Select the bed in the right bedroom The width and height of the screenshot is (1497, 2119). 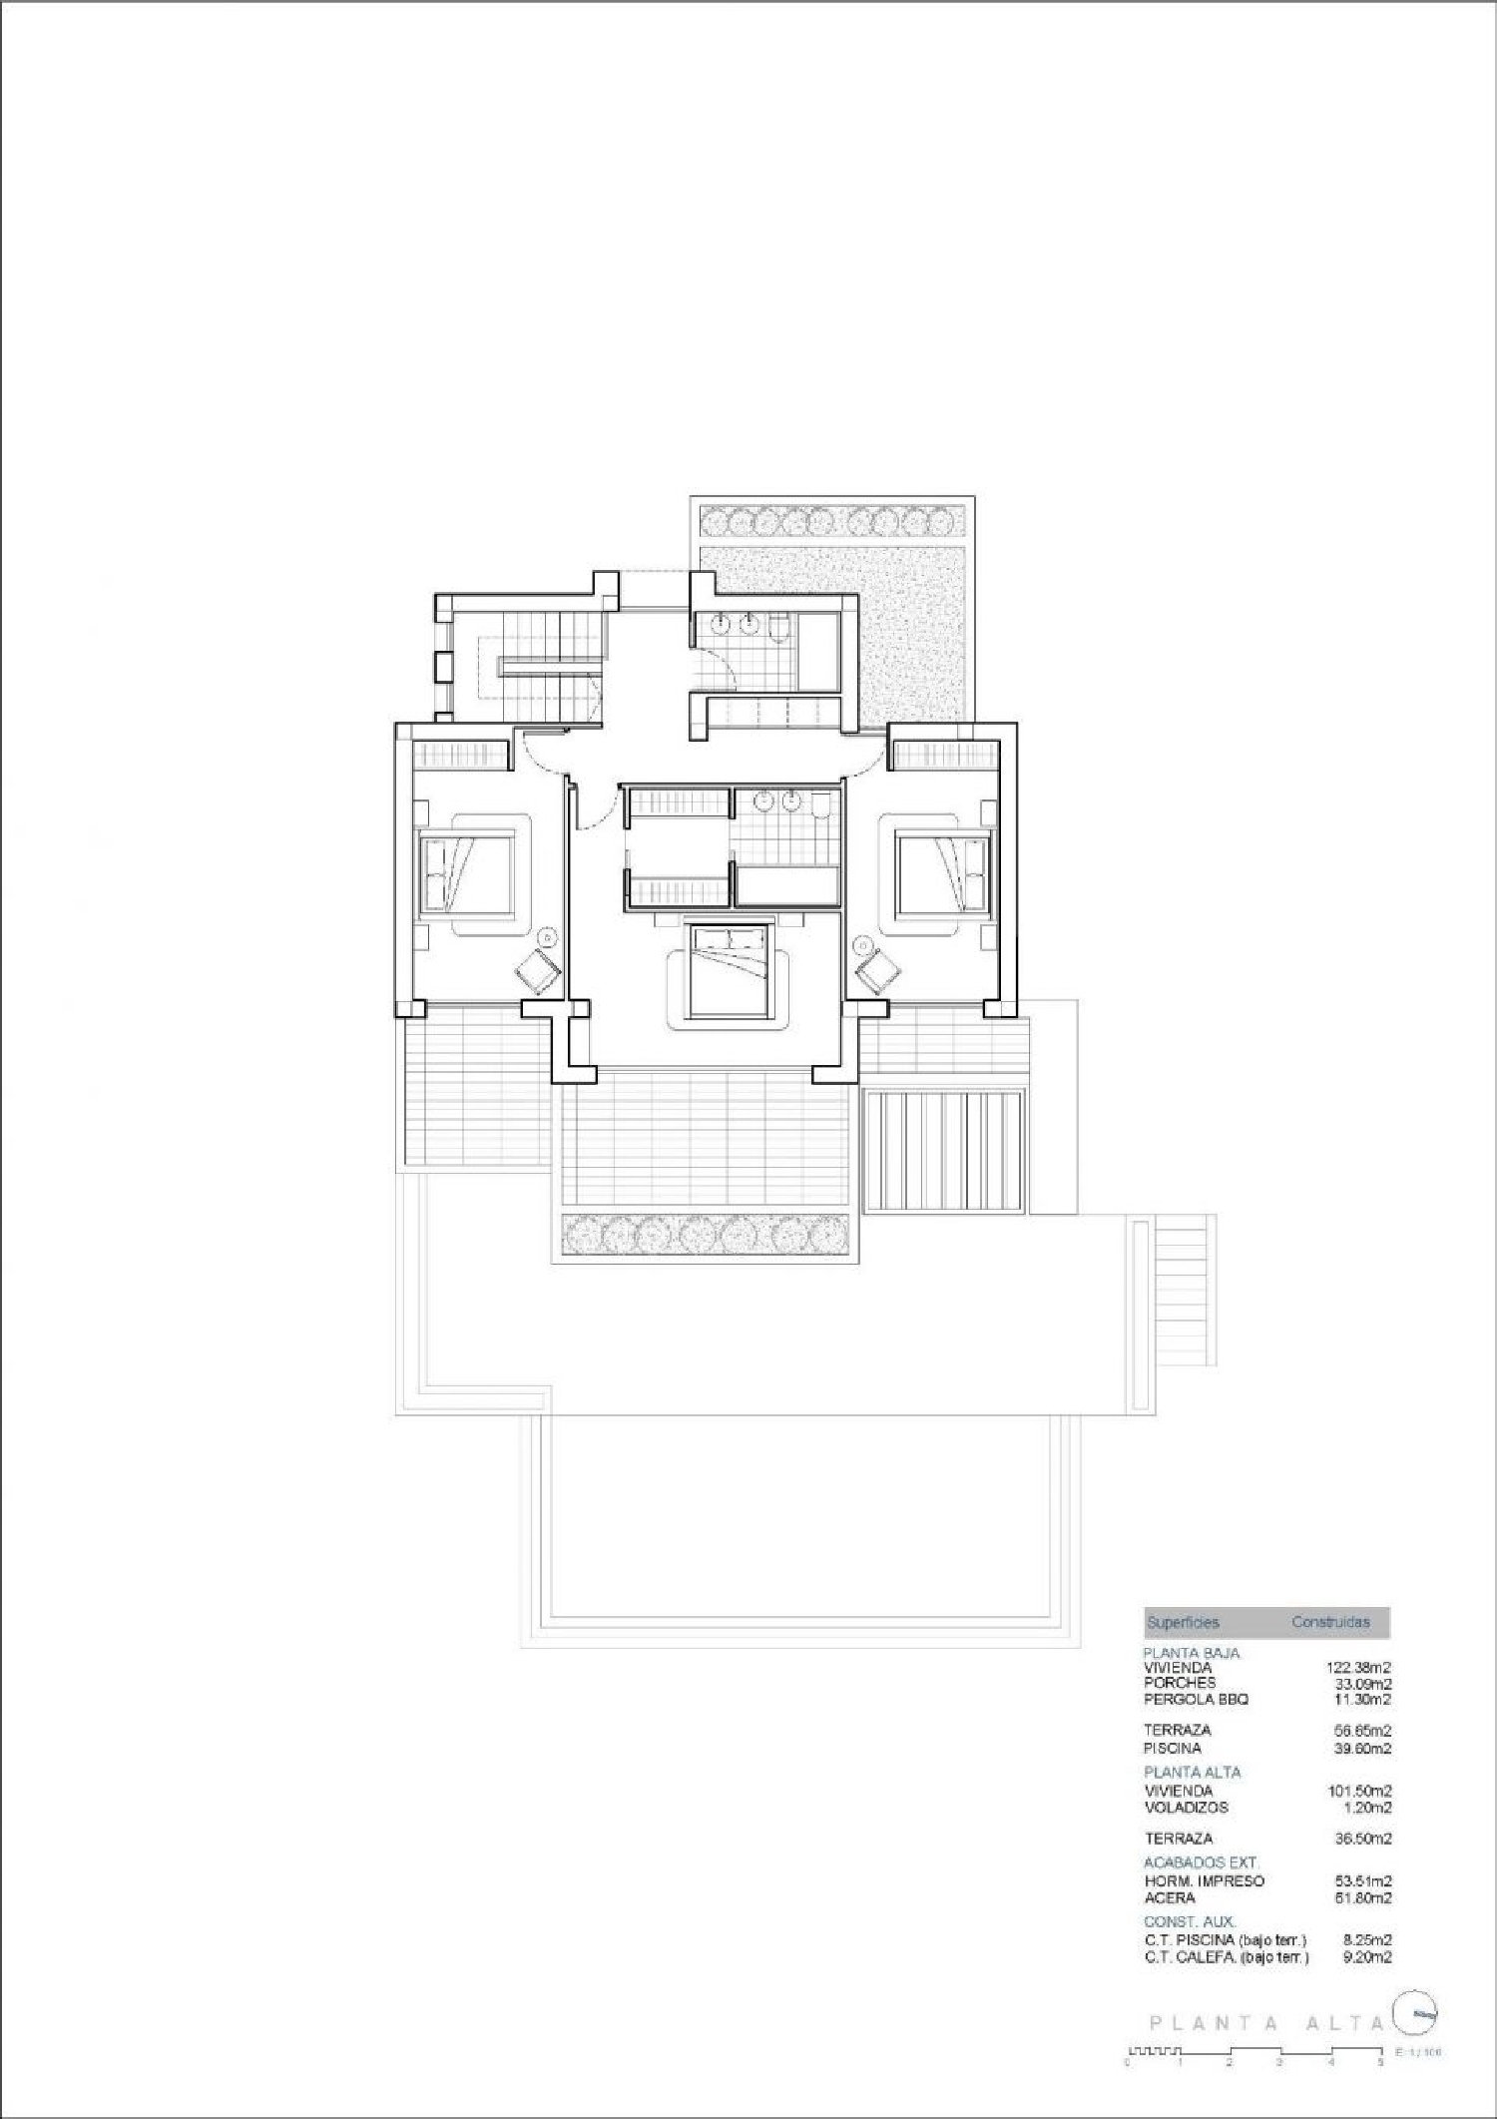[x=942, y=873]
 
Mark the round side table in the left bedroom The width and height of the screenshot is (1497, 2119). [x=548, y=937]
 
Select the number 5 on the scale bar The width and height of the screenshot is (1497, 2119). [x=1380, y=2062]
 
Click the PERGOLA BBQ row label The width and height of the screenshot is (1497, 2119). [x=1196, y=1699]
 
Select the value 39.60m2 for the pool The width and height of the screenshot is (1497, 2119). [x=1363, y=1748]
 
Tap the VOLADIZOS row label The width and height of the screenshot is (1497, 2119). [x=1186, y=1807]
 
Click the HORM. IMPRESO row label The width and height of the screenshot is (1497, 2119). [x=1204, y=1880]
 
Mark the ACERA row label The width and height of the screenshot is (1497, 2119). [x=1169, y=1897]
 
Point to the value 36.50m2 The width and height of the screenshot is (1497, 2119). [x=1363, y=1838]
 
